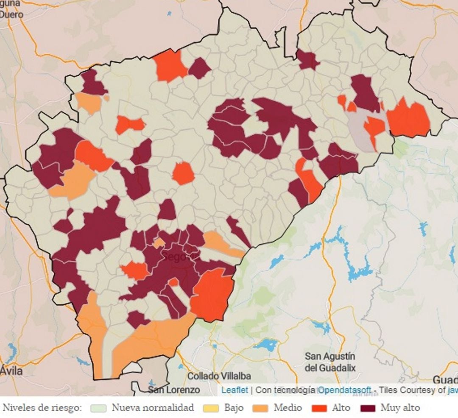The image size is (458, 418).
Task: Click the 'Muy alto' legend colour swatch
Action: point(368,408)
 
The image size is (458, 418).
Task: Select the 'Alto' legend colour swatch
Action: point(319,408)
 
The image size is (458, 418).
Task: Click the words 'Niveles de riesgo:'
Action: point(42,408)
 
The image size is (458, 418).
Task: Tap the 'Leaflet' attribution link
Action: point(234,390)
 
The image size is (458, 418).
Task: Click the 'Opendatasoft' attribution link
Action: point(345,390)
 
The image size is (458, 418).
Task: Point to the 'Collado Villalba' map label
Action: point(219,376)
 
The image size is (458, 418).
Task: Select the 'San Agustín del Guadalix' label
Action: point(330,362)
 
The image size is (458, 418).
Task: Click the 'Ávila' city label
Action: point(11,371)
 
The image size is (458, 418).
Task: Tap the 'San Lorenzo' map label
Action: point(174,389)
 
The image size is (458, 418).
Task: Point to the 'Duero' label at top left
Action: point(11,14)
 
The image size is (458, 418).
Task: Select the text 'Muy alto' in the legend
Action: point(400,408)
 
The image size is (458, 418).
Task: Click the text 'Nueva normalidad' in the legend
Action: point(153,408)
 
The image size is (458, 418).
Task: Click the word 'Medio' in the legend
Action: point(288,408)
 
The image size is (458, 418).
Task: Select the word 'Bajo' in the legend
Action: point(234,408)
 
